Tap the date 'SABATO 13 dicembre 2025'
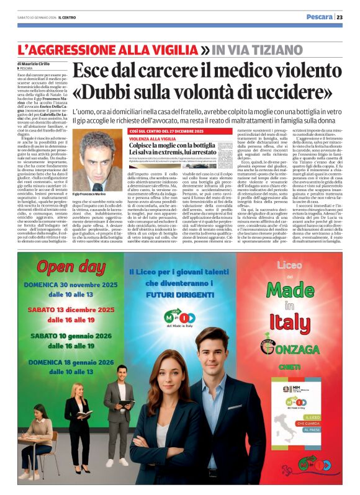click(71, 309)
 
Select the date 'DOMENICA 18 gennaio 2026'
click(71, 362)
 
